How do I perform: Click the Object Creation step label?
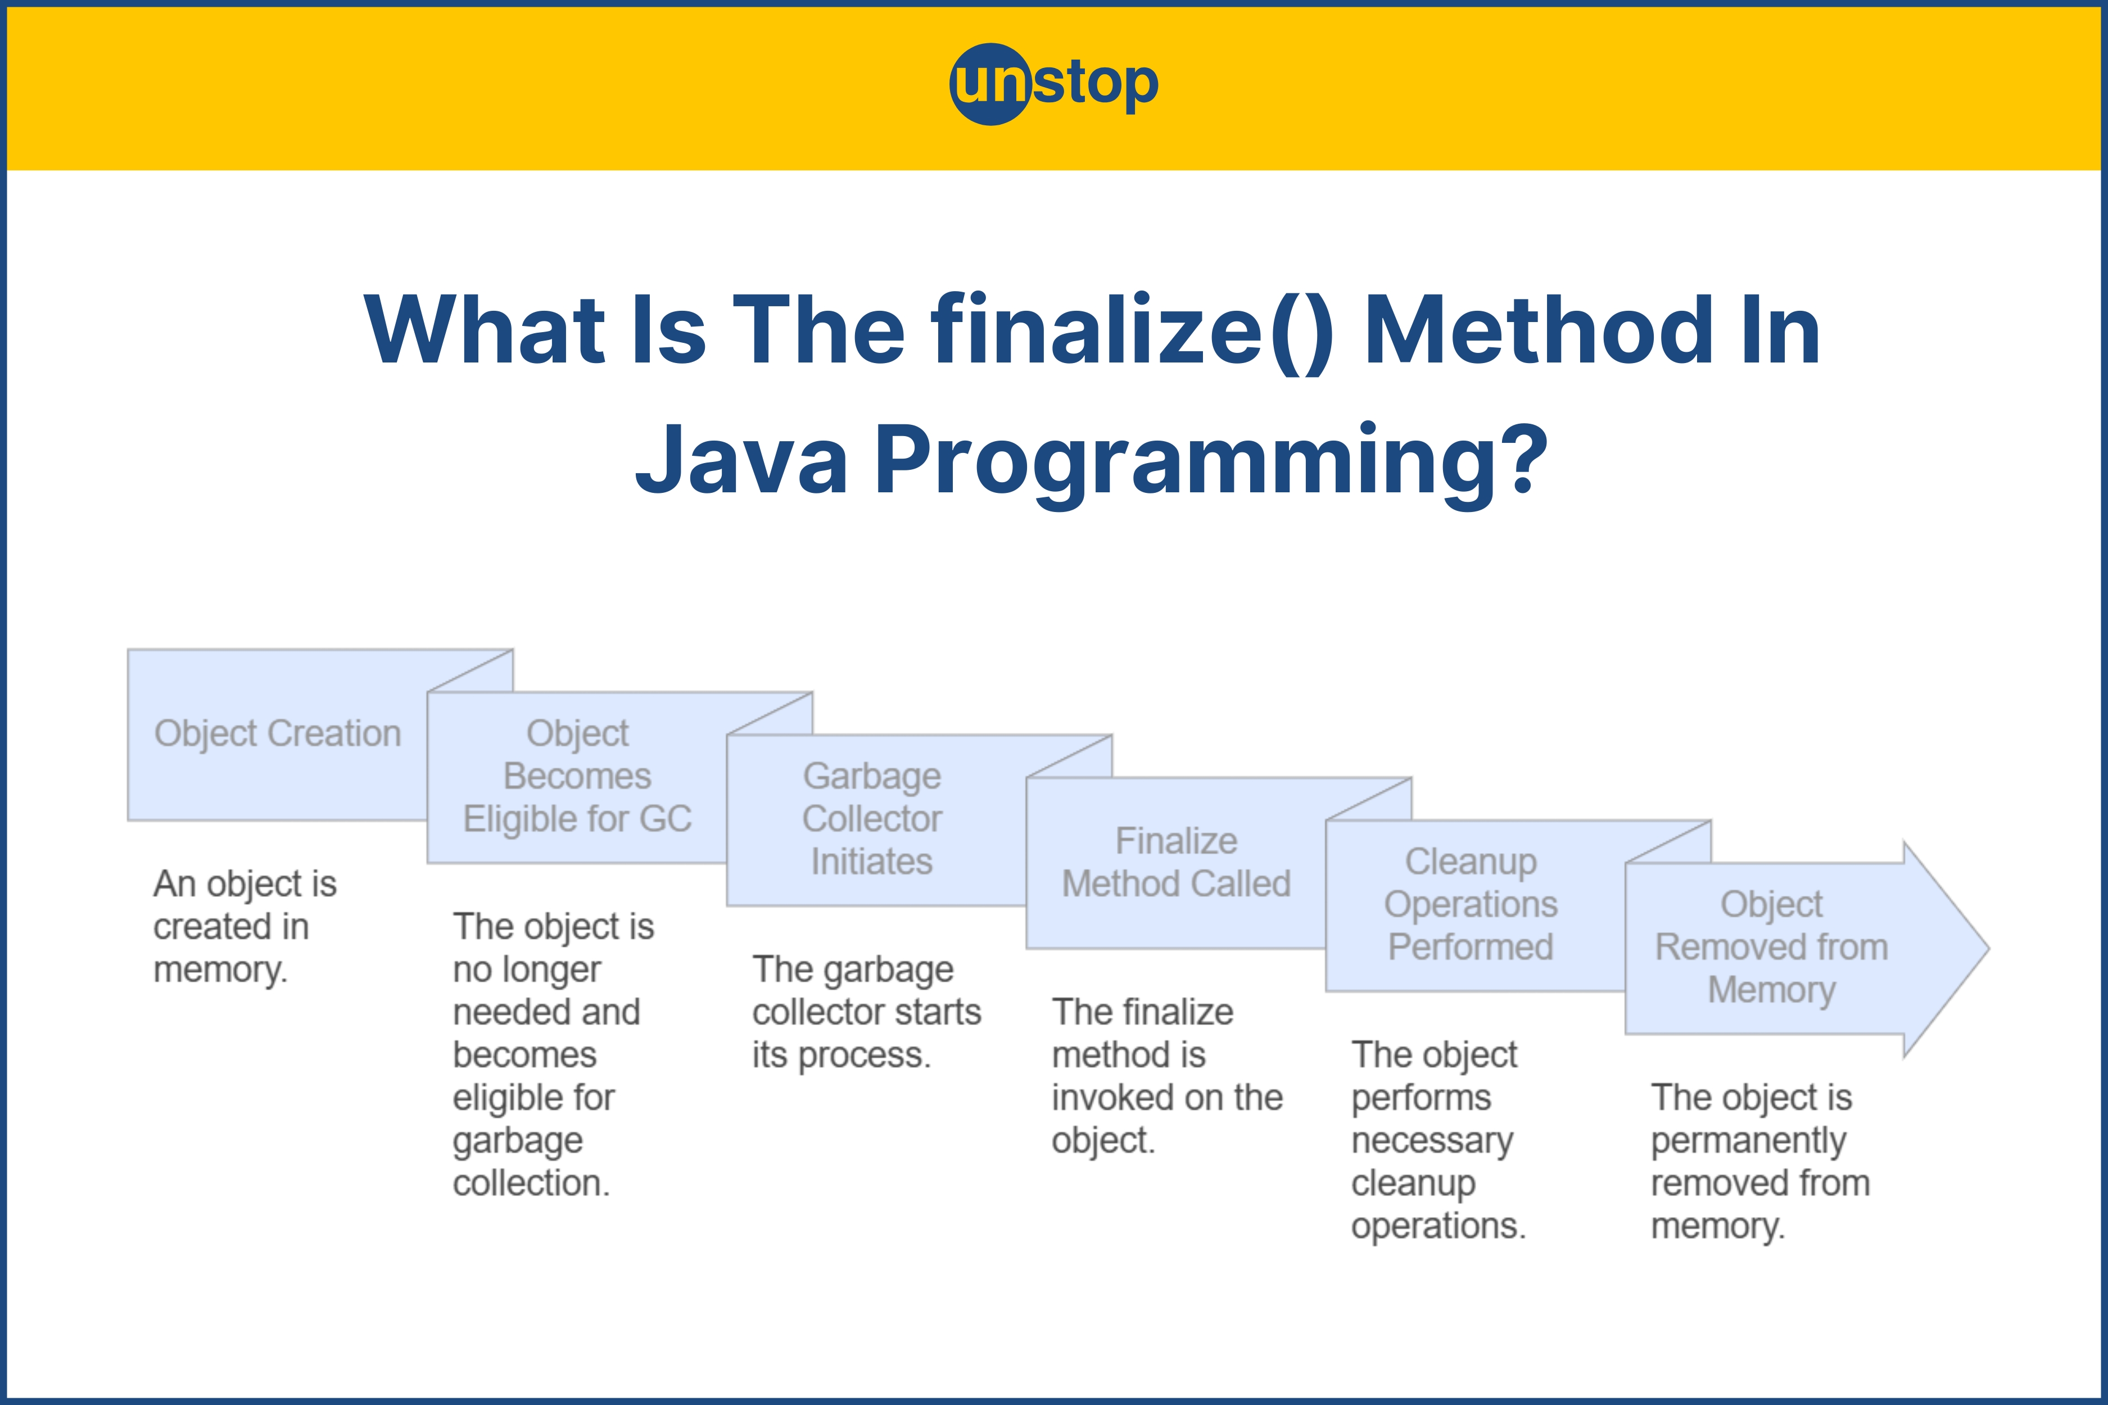tap(277, 733)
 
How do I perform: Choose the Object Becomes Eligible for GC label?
tap(577, 776)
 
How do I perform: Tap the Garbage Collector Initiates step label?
tap(872, 818)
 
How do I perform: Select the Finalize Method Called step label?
tap(1176, 862)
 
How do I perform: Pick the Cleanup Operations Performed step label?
tap(1471, 904)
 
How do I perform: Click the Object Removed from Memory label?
tap(1772, 947)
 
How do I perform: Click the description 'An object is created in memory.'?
tap(245, 927)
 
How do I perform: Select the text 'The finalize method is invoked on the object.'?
tap(1167, 1076)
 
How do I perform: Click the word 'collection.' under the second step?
tap(531, 1183)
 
